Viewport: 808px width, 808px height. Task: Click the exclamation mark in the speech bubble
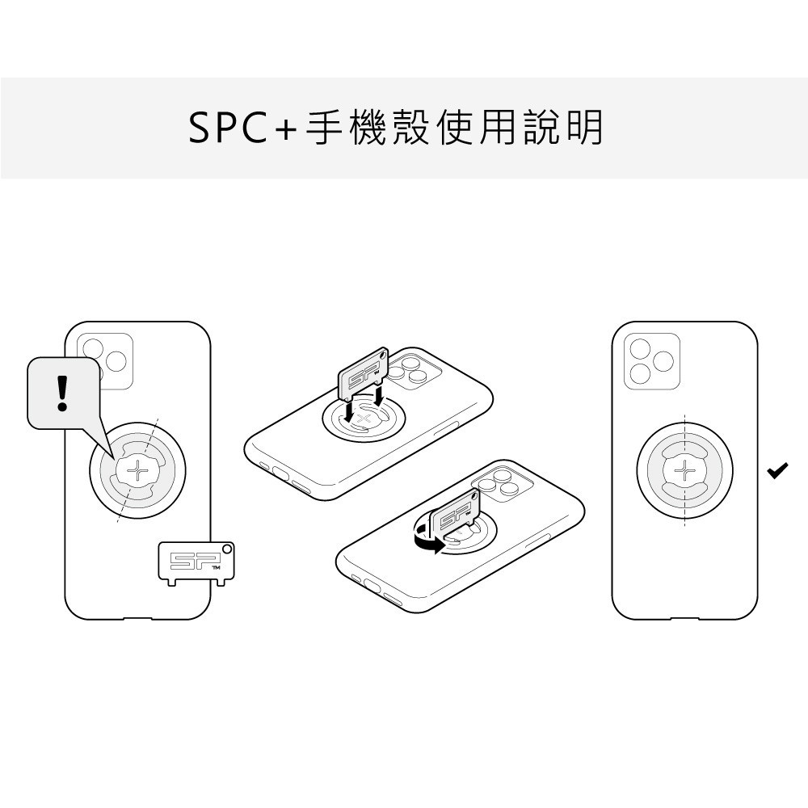pos(62,393)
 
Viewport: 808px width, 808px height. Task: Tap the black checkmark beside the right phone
pos(777,470)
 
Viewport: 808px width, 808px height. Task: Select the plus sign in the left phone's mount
pos(137,470)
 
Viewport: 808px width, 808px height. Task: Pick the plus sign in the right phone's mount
pos(684,470)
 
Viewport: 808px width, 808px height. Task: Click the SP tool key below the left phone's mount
pos(196,562)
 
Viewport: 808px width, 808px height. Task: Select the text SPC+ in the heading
pos(242,128)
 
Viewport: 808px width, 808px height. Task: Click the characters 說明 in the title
pos(562,128)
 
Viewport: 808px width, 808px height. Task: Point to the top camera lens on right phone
pos(640,348)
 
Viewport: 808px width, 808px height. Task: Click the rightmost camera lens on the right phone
pos(663,361)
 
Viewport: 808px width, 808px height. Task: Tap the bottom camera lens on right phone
pos(640,373)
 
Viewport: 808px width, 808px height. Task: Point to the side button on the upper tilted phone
pos(446,428)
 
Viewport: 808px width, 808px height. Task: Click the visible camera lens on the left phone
pos(116,361)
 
